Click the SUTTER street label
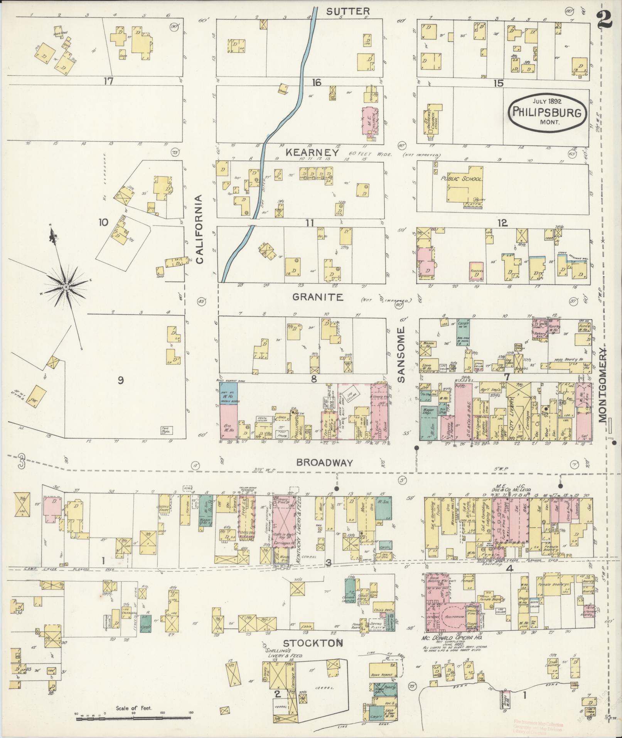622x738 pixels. [348, 11]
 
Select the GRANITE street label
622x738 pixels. [317, 297]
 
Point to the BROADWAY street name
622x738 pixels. [324, 463]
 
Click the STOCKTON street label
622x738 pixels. [313, 643]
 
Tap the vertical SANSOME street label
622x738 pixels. [402, 355]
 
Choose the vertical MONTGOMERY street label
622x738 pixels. [603, 384]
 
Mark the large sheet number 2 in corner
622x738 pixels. [604, 19]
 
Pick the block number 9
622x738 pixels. [120, 380]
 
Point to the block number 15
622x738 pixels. [499, 83]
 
